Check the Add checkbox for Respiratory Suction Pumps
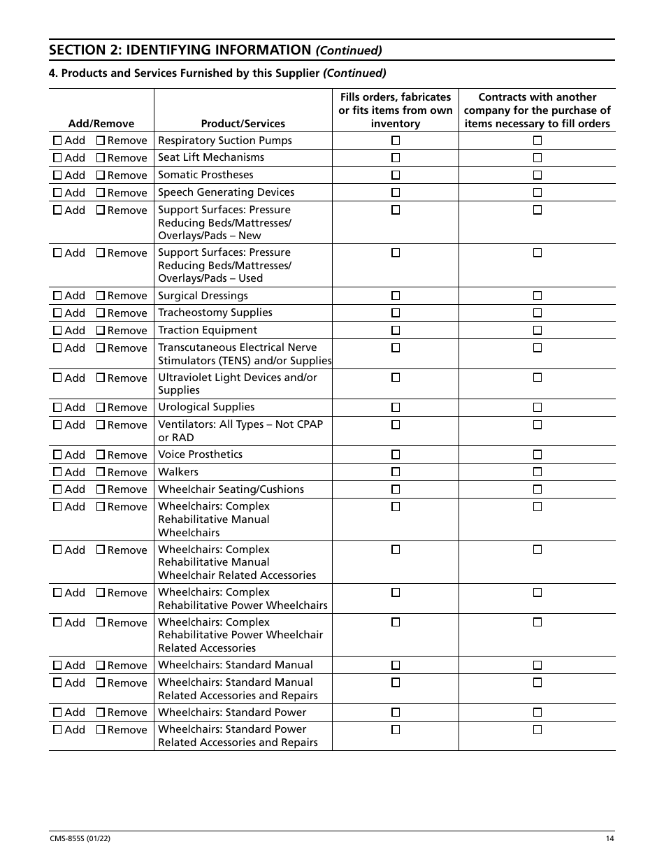coord(57,141)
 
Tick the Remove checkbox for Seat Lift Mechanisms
coord(100,158)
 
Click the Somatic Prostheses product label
coord(205,175)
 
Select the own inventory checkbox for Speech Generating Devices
coord(396,192)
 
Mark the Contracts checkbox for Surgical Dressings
coord(537,296)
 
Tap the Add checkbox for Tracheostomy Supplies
coord(57,313)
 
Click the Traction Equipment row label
coord(208,330)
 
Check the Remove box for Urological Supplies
coord(100,408)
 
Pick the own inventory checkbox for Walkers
coord(396,472)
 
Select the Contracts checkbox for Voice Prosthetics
coord(537,454)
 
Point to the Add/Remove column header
coord(101,124)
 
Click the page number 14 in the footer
coord(609,839)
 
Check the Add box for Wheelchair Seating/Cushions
coord(57,489)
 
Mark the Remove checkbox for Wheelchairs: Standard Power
coord(100,712)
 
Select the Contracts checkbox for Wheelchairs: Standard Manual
coord(537,665)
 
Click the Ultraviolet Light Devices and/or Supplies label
coord(238,384)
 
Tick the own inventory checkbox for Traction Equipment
coord(396,330)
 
